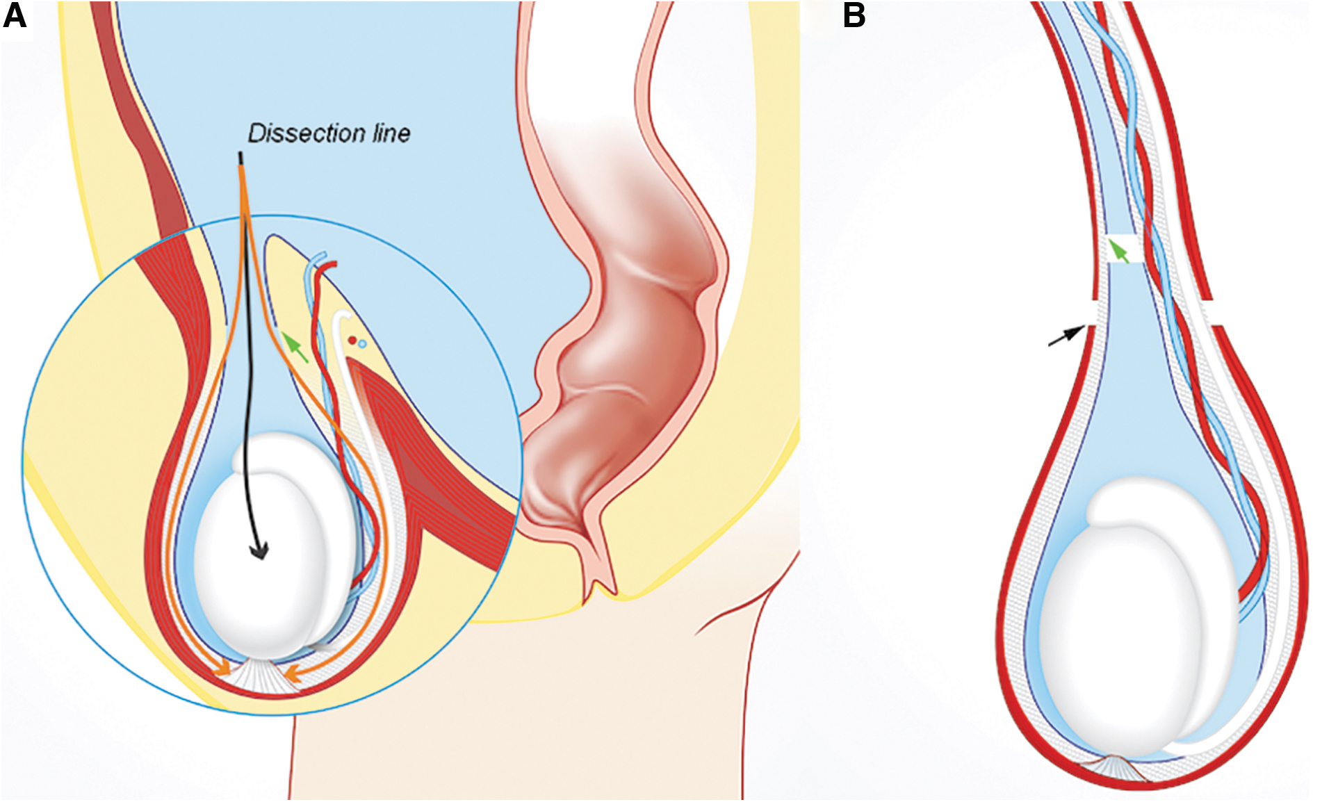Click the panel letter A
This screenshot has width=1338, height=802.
click(x=15, y=16)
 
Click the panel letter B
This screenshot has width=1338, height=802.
click(x=854, y=16)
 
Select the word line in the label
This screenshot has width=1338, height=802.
click(x=391, y=133)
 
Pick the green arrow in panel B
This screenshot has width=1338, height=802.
click(x=1118, y=250)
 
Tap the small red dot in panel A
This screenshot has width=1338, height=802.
click(x=352, y=341)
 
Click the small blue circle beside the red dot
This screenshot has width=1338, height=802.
click(x=362, y=344)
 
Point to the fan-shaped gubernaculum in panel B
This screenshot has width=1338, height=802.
click(x=1113, y=768)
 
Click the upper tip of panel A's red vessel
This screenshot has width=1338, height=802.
click(x=334, y=264)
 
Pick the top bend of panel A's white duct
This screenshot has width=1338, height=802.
click(x=341, y=316)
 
